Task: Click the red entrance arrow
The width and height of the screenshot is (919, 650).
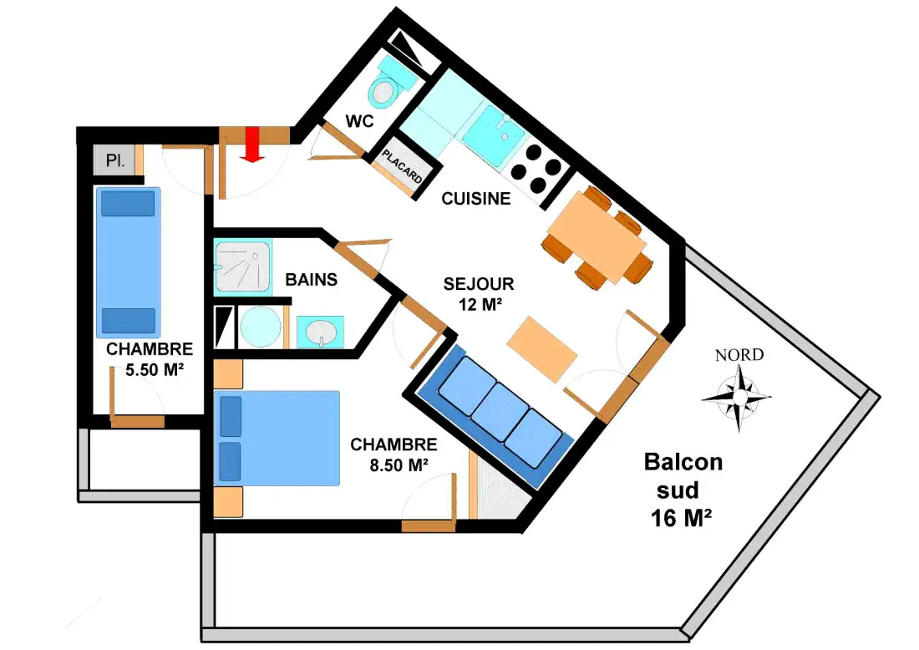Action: tap(252, 145)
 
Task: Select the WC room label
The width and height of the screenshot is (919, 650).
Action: tap(359, 121)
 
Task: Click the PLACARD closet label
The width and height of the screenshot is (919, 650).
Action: tap(403, 166)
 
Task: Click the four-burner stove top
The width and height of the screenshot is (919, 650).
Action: tap(536, 169)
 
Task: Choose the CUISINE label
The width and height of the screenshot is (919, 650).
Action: tap(476, 199)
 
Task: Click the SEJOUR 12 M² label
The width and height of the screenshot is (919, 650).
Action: tap(479, 293)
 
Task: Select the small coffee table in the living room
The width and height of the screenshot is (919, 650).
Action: tap(542, 348)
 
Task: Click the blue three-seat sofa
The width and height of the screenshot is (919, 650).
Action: tap(496, 416)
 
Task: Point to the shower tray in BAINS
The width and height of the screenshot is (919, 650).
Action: tap(242, 267)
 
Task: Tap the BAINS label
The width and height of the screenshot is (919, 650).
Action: tap(312, 280)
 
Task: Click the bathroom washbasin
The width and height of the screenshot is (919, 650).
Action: tap(320, 333)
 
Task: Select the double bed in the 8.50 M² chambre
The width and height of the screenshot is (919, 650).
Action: tap(277, 438)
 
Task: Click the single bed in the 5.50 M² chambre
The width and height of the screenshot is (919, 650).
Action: tap(129, 262)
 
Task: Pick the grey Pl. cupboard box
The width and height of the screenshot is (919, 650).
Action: tap(115, 160)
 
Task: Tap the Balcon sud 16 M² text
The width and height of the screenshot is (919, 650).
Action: tap(683, 490)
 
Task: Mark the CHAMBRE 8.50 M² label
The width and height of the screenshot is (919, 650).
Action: tap(393, 454)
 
